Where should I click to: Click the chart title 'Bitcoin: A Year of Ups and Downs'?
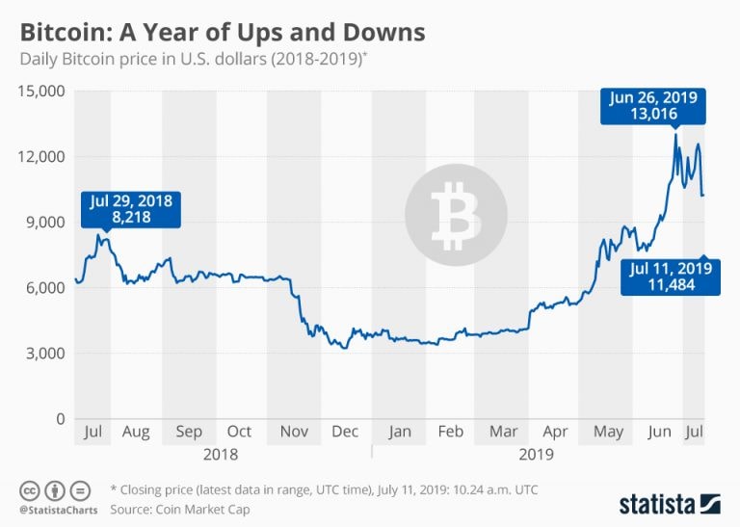coord(223,31)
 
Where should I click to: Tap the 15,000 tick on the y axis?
coord(40,92)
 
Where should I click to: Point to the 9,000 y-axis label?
coord(44,223)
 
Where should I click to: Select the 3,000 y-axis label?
coord(44,354)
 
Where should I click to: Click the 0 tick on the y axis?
coord(59,419)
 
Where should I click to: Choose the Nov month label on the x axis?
coord(294,432)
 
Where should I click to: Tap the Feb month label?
coord(450,432)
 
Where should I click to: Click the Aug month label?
coord(136,432)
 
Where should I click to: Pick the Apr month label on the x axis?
coord(556,432)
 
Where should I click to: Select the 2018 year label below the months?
coord(220,452)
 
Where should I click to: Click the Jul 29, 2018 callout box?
coord(129,210)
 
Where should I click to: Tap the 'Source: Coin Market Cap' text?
coord(180,509)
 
